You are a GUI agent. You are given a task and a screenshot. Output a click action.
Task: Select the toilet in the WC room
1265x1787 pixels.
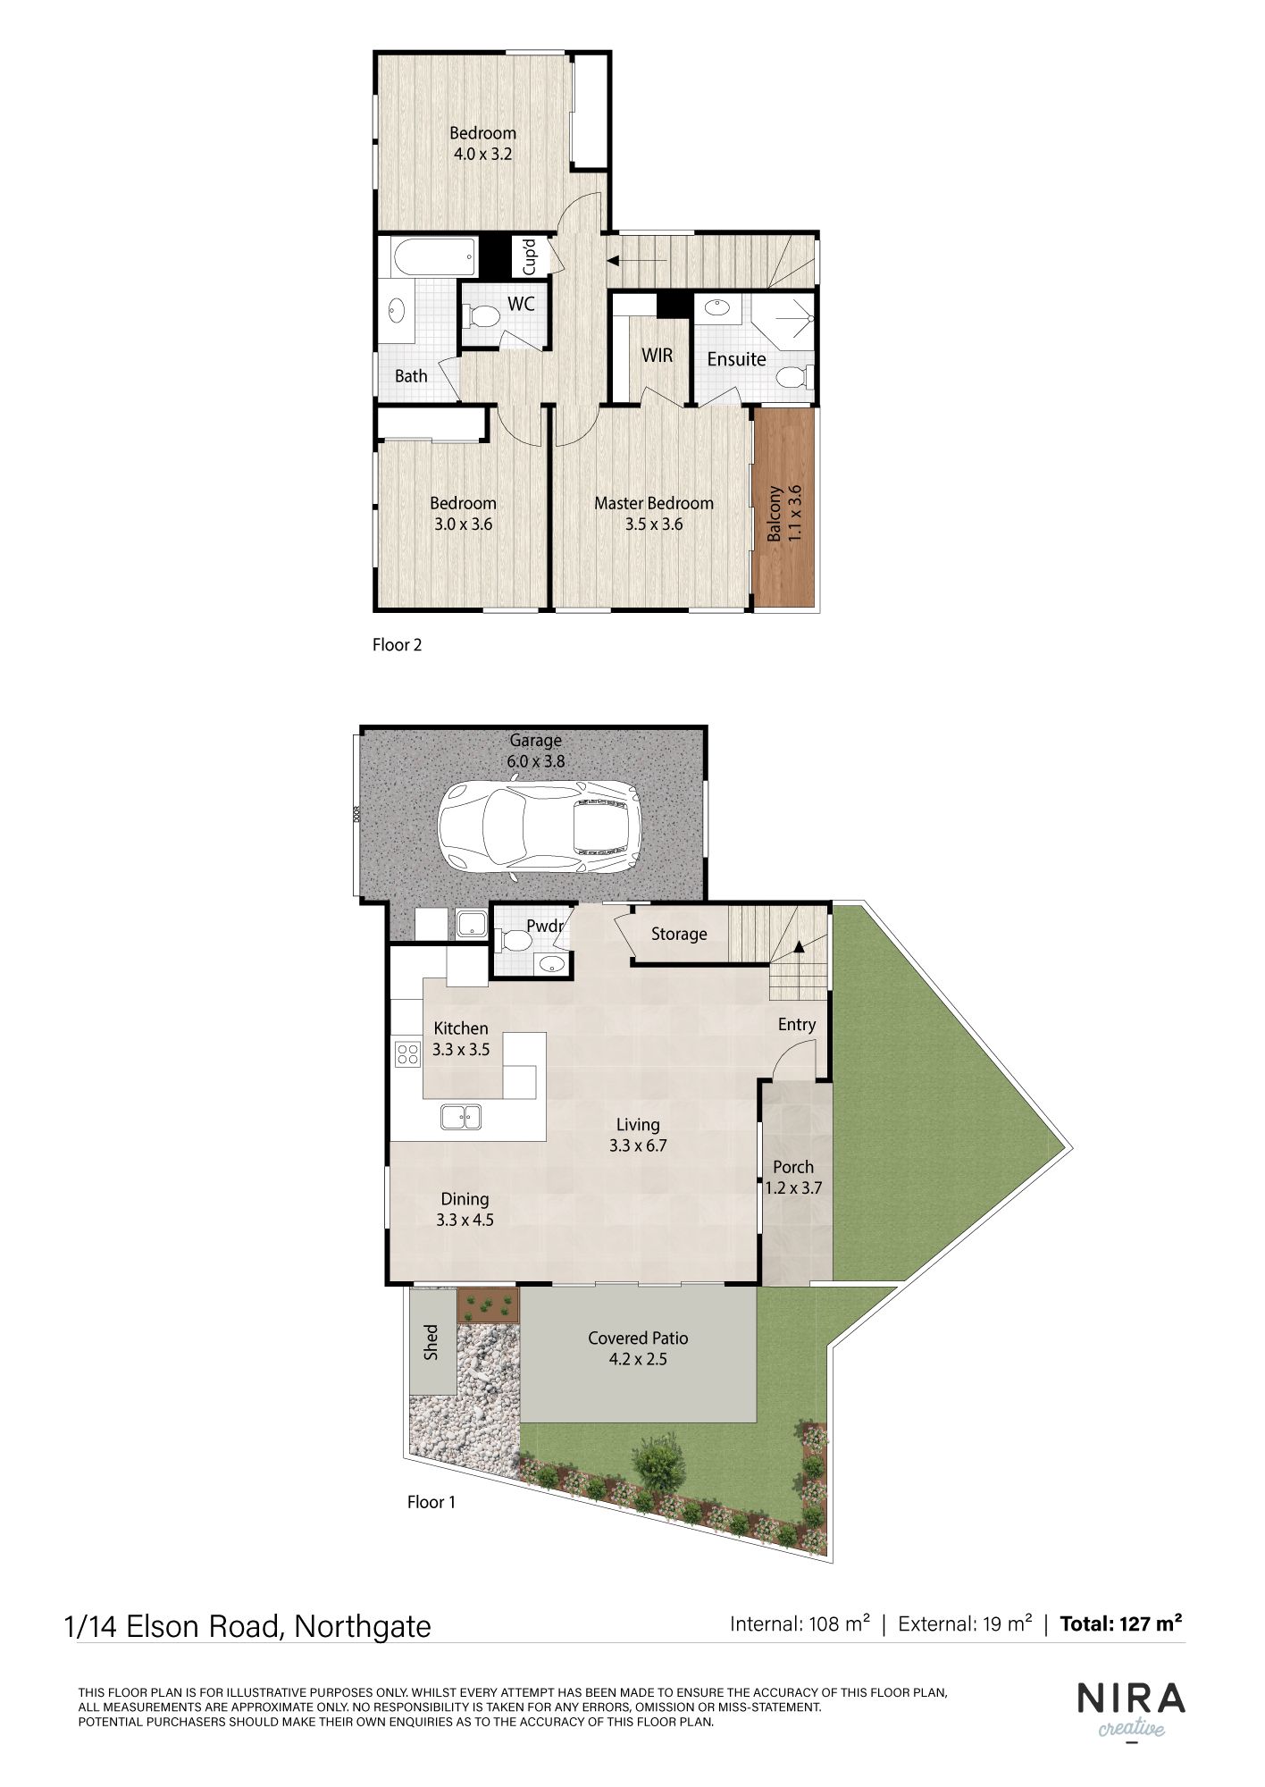tap(482, 315)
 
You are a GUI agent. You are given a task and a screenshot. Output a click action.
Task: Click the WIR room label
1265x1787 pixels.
tap(657, 356)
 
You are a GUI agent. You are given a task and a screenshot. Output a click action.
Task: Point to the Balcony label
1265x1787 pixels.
tap(774, 513)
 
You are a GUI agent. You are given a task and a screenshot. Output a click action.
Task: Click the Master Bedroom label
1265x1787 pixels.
tap(654, 503)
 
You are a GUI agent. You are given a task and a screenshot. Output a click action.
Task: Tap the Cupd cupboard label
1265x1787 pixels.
tap(529, 256)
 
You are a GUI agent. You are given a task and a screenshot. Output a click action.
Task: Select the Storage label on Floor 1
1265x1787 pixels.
tap(679, 934)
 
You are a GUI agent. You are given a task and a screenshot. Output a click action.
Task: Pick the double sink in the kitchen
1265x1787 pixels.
tap(460, 1117)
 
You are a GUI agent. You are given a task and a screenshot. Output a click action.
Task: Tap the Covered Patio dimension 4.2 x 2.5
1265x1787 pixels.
tap(638, 1360)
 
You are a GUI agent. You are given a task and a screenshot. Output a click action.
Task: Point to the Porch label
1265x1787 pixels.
tap(793, 1167)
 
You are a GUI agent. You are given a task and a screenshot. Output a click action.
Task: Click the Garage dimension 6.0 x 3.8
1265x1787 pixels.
tap(536, 761)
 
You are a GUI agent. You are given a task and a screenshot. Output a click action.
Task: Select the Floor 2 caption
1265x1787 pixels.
tap(397, 644)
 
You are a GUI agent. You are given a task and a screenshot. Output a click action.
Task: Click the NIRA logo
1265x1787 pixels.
tap(1131, 1699)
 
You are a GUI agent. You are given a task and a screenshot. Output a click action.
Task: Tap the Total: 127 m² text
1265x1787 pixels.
tap(1121, 1623)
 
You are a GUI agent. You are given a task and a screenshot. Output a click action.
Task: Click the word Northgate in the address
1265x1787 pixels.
tap(363, 1627)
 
